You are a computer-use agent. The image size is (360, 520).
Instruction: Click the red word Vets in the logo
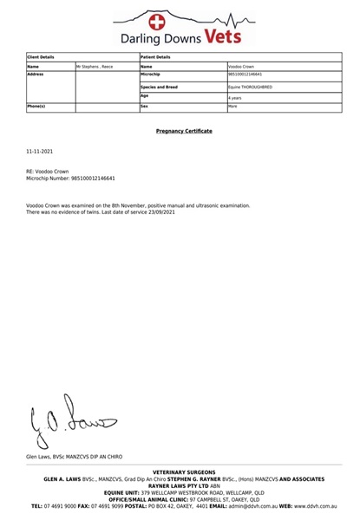pyautogui.click(x=229, y=36)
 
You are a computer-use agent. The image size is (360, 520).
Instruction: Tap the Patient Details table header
pyautogui.click(x=156, y=56)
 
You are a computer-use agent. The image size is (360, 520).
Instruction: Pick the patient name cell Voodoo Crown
pyautogui.click(x=241, y=66)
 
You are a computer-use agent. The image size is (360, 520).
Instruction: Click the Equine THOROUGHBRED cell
pyautogui.click(x=250, y=87)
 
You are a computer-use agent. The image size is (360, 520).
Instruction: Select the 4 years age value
pyautogui.click(x=235, y=99)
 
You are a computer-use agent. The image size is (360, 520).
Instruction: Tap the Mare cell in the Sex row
pyautogui.click(x=232, y=107)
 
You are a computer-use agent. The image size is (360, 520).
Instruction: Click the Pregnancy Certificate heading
pyautogui.click(x=184, y=131)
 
